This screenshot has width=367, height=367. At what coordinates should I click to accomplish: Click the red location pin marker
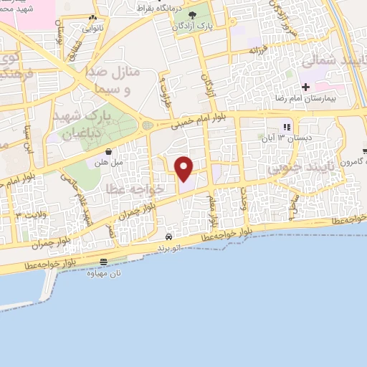point(184,169)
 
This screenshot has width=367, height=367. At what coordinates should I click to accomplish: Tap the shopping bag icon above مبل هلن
point(108,152)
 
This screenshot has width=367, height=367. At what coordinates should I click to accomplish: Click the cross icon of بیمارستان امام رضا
point(306,87)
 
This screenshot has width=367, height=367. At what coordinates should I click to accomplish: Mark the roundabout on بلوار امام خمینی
point(148,125)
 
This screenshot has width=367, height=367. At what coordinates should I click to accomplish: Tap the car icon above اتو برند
point(168,237)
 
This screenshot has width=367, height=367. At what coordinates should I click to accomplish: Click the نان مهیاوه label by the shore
point(103,272)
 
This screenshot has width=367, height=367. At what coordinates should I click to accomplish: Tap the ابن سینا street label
point(29,136)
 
